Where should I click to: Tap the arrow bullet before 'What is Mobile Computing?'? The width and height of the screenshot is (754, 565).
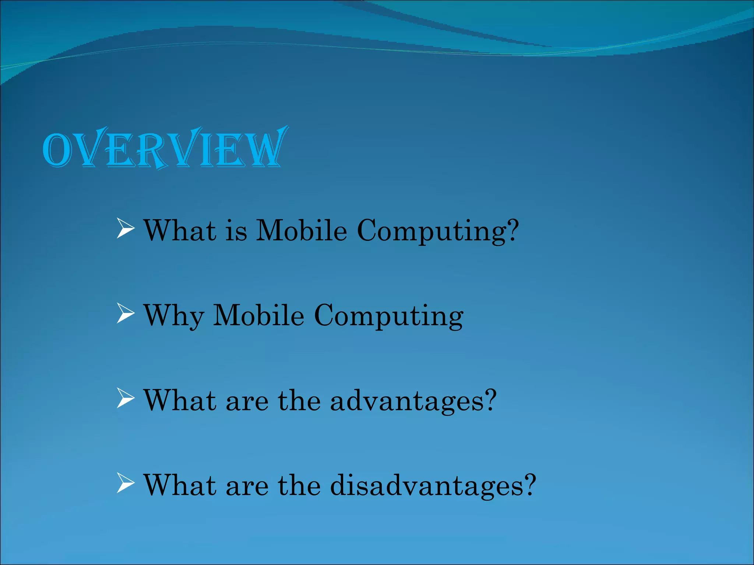(125, 228)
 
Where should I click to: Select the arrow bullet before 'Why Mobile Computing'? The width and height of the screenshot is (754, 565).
(125, 313)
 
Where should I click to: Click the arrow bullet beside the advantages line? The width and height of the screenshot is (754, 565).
(125, 398)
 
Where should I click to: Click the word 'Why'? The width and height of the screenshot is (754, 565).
(173, 316)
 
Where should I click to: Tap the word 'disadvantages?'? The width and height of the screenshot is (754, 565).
(433, 486)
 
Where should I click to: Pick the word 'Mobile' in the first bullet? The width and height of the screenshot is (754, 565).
(302, 231)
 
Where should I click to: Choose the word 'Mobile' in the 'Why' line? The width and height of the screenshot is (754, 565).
(259, 316)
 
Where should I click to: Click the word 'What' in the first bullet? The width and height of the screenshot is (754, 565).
(180, 231)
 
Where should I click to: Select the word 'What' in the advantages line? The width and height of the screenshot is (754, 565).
(180, 401)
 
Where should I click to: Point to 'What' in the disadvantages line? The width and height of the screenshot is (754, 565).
(180, 486)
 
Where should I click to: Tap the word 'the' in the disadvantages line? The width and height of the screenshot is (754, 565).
(299, 486)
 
